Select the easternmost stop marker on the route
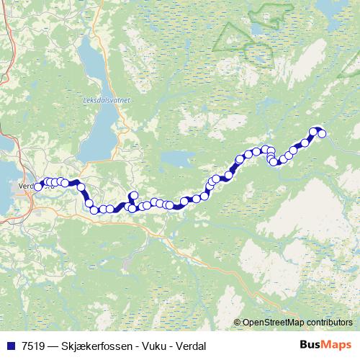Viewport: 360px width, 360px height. point(322,133)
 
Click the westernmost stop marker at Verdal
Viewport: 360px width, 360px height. point(37,186)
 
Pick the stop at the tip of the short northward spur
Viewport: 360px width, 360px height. point(133,195)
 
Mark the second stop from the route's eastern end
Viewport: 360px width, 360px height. point(314,131)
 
